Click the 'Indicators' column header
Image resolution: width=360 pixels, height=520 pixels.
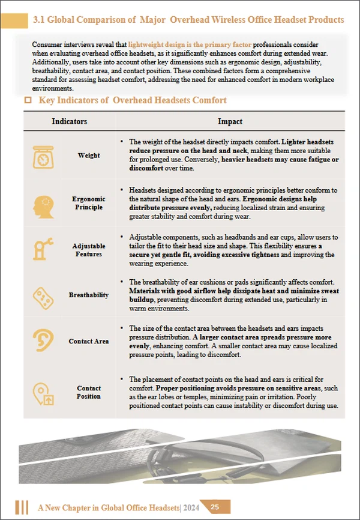pyautogui.click(x=70, y=121)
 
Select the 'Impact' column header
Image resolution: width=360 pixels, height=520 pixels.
pyautogui.click(x=230, y=121)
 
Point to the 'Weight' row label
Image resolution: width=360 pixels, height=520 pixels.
pyautogui.click(x=89, y=156)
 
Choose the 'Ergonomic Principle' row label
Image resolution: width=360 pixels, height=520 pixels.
pyautogui.click(x=89, y=204)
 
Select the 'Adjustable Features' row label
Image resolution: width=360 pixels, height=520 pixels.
pyautogui.click(x=89, y=250)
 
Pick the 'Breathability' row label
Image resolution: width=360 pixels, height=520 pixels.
pyautogui.click(x=89, y=295)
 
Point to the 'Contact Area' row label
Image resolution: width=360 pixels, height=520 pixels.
pyautogui.click(x=89, y=342)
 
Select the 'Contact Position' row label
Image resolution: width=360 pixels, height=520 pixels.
pyautogui.click(x=89, y=393)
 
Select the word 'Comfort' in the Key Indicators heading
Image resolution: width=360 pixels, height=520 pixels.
pyautogui.click(x=207, y=101)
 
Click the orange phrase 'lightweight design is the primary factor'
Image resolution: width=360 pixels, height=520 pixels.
pyautogui.click(x=190, y=45)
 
